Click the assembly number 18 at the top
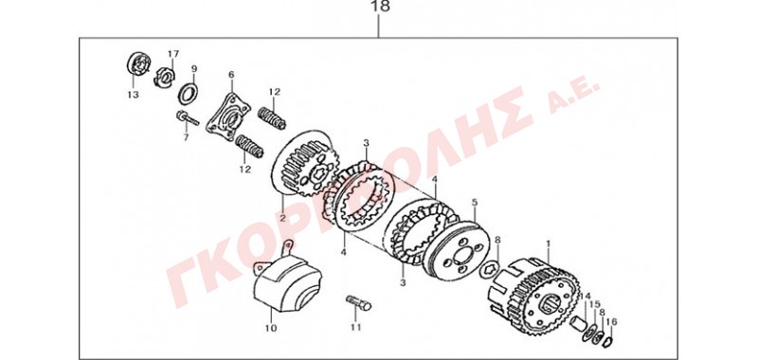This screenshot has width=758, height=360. click(380, 7)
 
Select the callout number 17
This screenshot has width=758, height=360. click(173, 53)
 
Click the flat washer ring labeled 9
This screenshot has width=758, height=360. click(188, 93)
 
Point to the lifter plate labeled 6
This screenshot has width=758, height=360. click(228, 117)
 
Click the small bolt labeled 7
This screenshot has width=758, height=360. click(188, 117)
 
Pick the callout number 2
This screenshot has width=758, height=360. click(282, 218)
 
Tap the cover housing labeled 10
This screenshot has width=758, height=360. click(287, 283)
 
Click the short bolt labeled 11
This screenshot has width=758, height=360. click(359, 303)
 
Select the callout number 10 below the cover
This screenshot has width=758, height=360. click(271, 329)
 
